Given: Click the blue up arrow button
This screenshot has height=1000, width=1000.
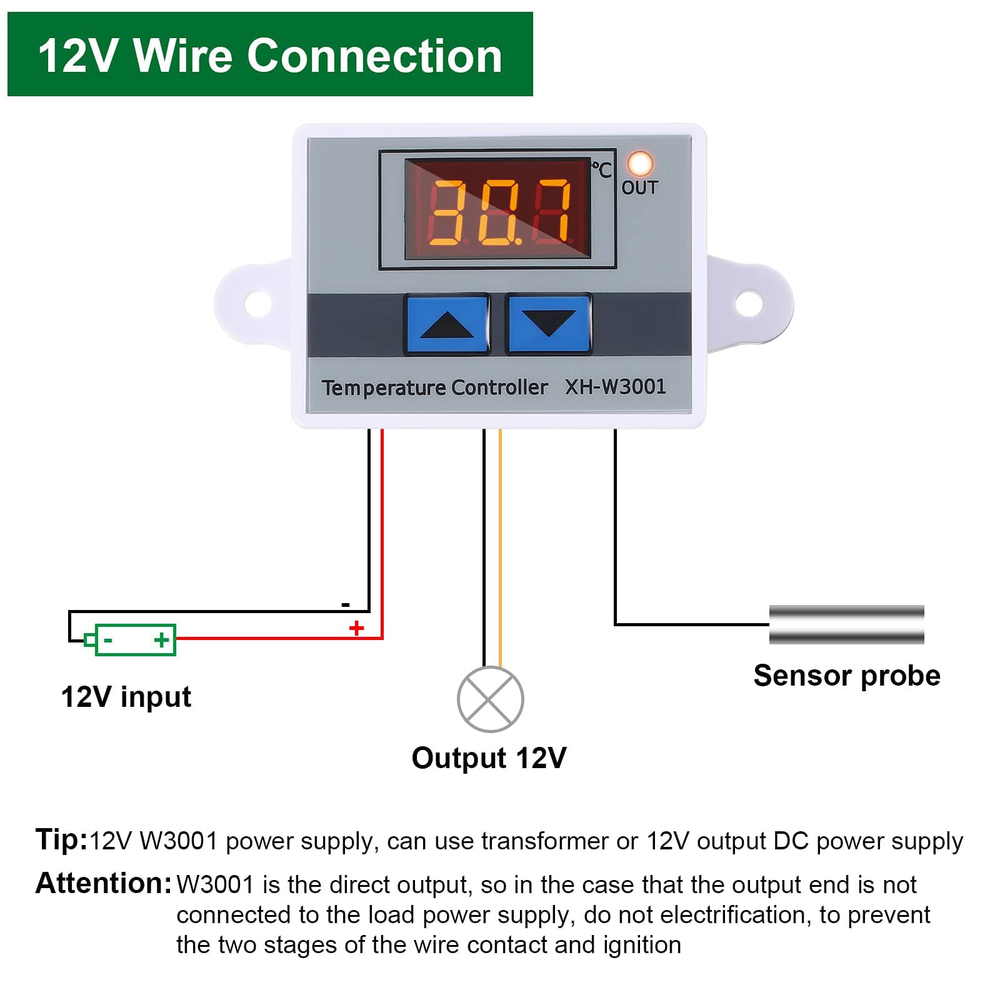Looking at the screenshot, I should (446, 324).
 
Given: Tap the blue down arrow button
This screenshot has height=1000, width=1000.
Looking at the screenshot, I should (548, 324).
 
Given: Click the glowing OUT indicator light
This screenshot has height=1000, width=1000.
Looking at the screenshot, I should (640, 164).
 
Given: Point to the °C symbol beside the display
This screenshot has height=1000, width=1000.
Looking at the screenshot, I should (602, 169).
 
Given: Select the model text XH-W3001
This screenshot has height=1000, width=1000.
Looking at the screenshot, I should (615, 387).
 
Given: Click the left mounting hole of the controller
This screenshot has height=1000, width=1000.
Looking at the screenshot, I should (257, 304).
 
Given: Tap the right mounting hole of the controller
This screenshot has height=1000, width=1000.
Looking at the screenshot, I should (748, 304).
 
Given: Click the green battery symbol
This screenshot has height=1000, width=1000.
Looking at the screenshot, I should (134, 639).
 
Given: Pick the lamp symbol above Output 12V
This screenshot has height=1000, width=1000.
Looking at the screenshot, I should (490, 699).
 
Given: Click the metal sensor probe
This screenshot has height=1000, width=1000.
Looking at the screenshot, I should (846, 624).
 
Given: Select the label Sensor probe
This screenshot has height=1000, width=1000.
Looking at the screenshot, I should (846, 676).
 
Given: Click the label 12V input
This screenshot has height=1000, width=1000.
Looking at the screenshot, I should (126, 697).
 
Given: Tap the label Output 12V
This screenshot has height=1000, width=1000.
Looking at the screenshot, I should (489, 758).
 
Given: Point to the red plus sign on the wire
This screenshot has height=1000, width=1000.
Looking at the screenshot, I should (356, 628).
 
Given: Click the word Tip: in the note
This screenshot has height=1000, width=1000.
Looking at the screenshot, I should (61, 839).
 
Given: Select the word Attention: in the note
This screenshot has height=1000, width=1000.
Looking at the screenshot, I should (103, 883).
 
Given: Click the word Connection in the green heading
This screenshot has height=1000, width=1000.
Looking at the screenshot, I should (374, 56).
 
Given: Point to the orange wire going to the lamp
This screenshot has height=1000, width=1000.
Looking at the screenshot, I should (500, 550).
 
